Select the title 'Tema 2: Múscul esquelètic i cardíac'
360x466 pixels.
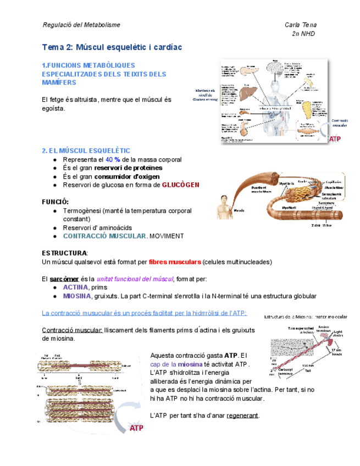point(112,48)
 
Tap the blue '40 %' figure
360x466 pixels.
point(113,159)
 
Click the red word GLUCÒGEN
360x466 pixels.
point(180,185)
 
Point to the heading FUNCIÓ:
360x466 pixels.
point(56,202)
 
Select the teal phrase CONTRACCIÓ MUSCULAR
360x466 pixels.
point(104,236)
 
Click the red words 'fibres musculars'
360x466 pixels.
point(174,262)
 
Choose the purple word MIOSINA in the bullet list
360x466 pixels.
point(77,296)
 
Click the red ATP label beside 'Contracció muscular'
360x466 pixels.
point(334,140)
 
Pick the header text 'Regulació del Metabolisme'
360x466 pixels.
point(81,25)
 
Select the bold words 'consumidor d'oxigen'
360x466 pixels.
point(127,176)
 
